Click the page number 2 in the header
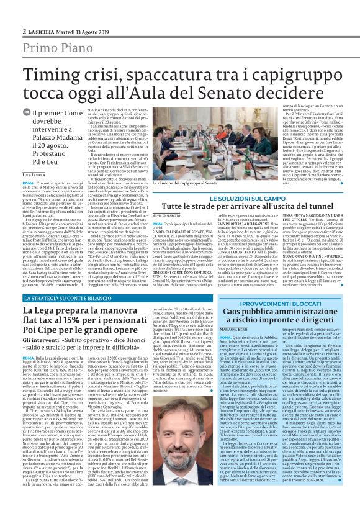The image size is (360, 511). pyautogui.click(x=24, y=30)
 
